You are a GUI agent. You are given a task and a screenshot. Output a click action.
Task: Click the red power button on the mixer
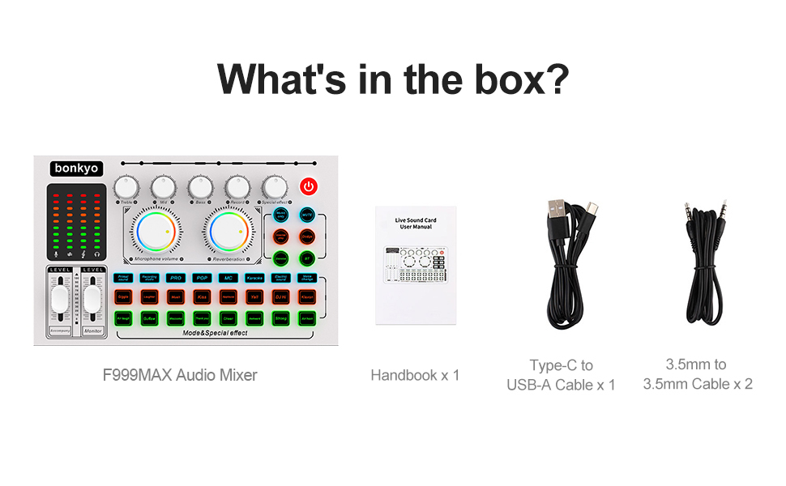click(309, 186)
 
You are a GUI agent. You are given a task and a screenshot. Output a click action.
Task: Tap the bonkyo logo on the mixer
click(76, 168)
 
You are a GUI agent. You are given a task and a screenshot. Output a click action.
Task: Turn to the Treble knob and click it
click(126, 187)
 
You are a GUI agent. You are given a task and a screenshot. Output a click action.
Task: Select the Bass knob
click(200, 187)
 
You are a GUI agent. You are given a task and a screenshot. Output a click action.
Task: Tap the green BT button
click(307, 258)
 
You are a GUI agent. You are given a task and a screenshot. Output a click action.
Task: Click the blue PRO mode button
click(176, 278)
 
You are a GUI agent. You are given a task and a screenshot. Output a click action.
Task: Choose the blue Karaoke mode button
click(254, 278)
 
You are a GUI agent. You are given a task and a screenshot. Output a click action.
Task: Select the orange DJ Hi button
click(280, 297)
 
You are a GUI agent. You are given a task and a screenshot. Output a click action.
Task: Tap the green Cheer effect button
click(228, 318)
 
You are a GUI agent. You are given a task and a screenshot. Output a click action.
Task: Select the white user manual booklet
click(416, 265)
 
